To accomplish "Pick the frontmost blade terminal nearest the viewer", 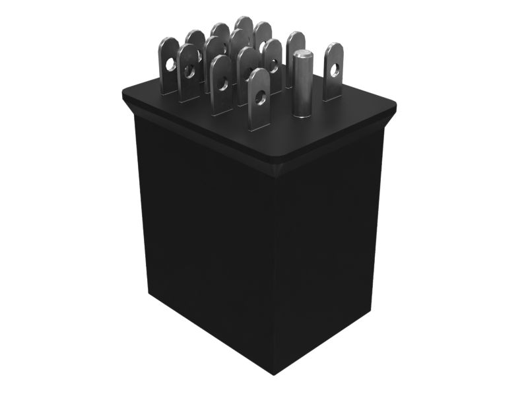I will tap(259, 99).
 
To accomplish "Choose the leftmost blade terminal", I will tap(170, 65).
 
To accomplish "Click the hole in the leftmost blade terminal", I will tap(171, 65).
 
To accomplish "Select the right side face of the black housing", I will tap(330, 251).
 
